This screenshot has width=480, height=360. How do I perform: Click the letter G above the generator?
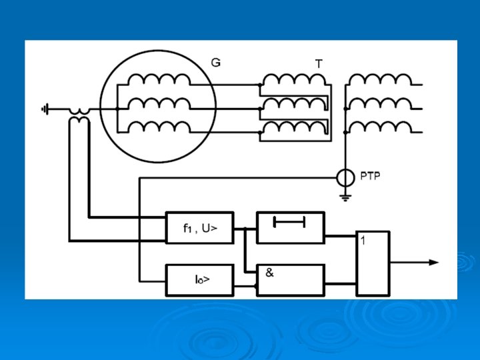(215, 63)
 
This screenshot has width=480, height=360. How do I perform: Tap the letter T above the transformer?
(319, 64)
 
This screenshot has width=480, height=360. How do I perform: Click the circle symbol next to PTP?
(345, 178)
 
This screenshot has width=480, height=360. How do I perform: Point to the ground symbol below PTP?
(345, 196)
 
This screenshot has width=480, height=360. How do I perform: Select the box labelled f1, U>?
(199, 229)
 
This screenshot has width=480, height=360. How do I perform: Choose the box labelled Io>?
(199, 280)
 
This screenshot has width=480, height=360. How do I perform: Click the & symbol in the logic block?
(269, 272)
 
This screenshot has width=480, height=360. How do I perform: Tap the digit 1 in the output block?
(362, 241)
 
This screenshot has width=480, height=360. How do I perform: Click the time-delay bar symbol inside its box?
(290, 221)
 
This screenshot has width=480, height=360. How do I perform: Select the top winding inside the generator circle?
(159, 80)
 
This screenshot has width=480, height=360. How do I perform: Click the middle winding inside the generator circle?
(159, 103)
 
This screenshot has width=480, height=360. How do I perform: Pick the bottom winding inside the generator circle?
(159, 127)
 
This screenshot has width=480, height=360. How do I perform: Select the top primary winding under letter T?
(293, 80)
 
